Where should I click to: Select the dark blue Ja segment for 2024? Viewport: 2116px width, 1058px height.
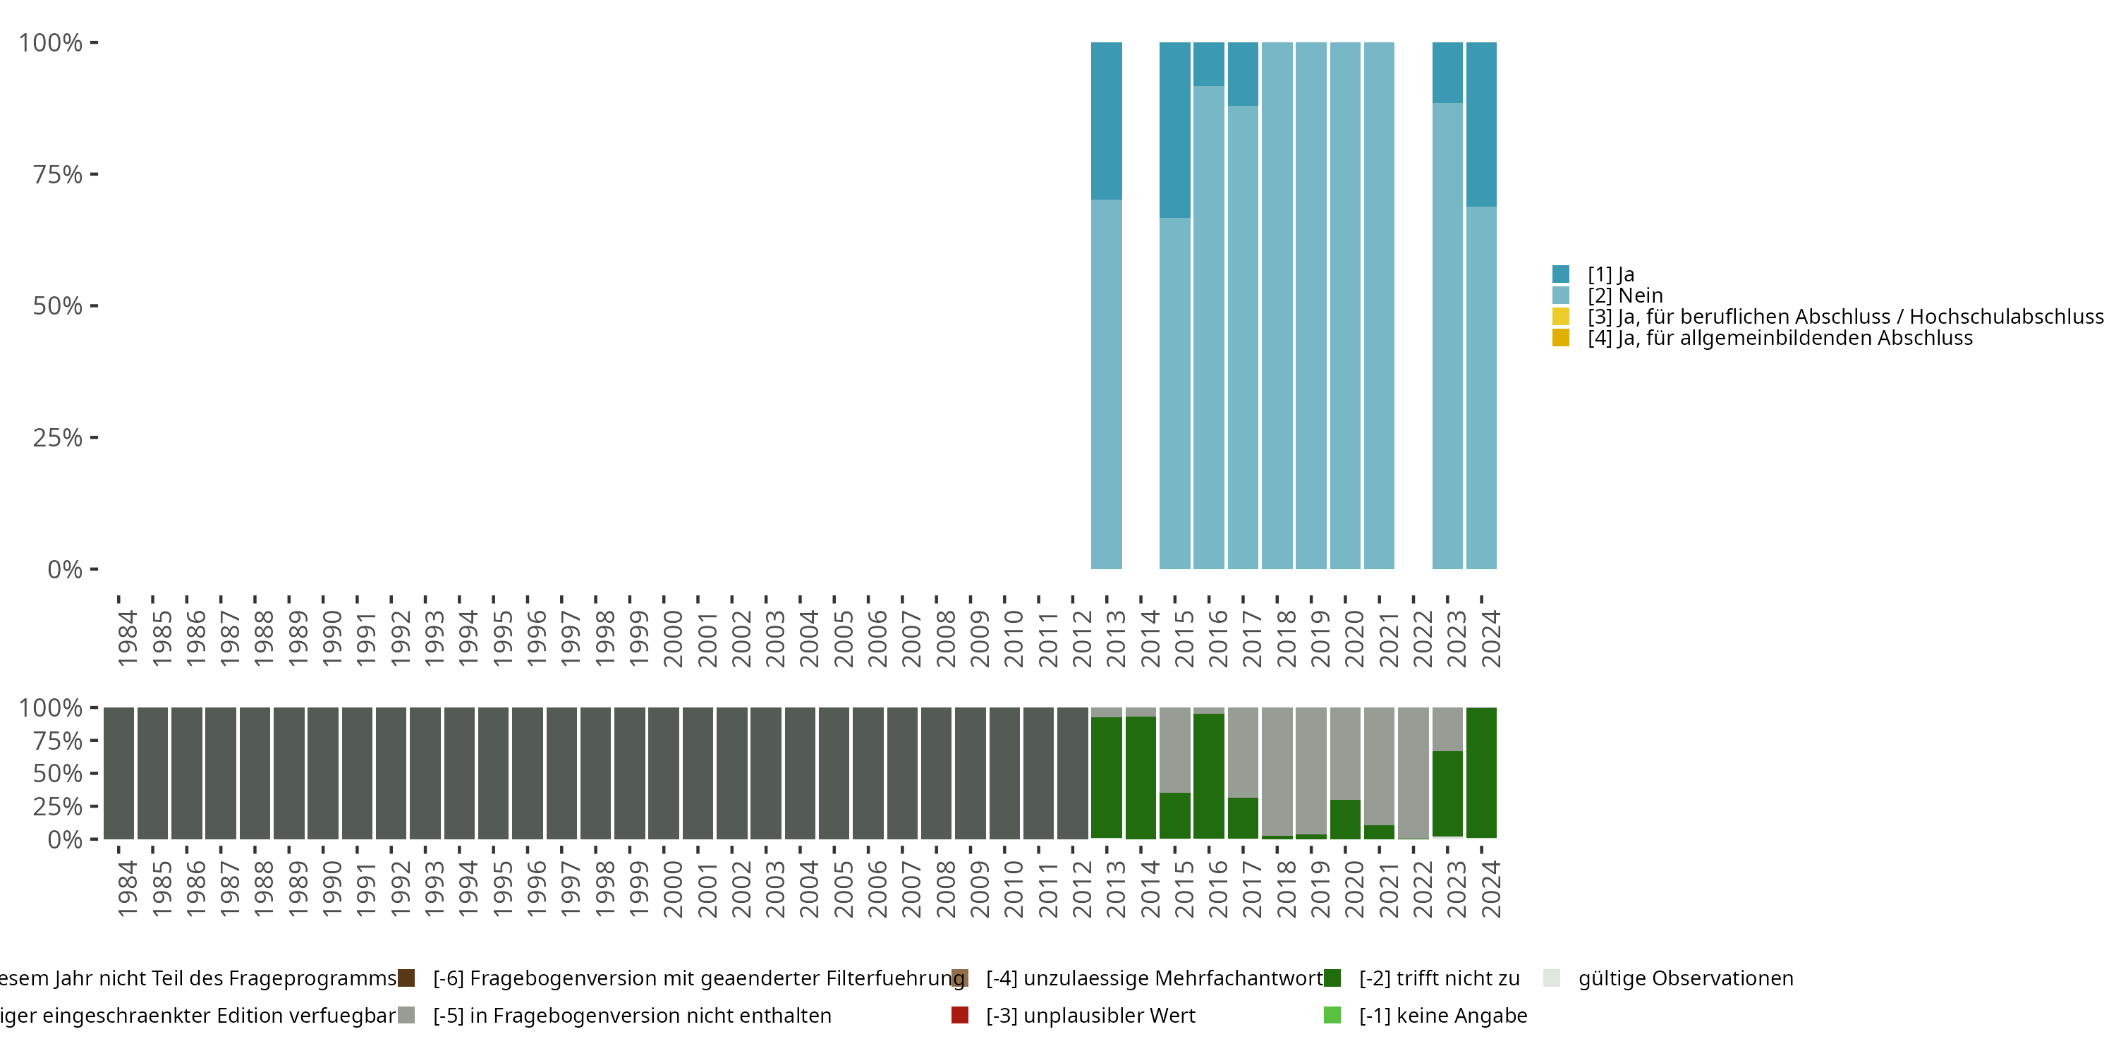[1481, 124]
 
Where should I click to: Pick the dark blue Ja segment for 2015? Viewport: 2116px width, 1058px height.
[1174, 130]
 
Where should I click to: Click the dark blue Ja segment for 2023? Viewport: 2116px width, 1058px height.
[1447, 72]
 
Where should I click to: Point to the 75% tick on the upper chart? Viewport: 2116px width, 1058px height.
[94, 174]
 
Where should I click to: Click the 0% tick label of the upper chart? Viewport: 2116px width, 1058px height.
[65, 569]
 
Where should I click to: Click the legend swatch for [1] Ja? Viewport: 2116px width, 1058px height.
[1561, 274]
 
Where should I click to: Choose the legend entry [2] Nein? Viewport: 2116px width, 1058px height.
[1625, 296]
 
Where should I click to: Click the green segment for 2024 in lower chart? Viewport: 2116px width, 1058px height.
[1481, 772]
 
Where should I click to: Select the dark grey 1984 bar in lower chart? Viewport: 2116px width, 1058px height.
[119, 773]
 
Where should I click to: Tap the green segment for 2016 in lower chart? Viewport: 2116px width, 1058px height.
[1208, 777]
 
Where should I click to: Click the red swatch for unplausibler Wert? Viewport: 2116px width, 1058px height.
[959, 1015]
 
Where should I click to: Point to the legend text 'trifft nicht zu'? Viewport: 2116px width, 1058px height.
[1439, 978]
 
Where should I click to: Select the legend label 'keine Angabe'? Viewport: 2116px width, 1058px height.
[1443, 1015]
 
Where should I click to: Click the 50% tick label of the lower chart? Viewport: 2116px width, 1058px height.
[58, 773]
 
